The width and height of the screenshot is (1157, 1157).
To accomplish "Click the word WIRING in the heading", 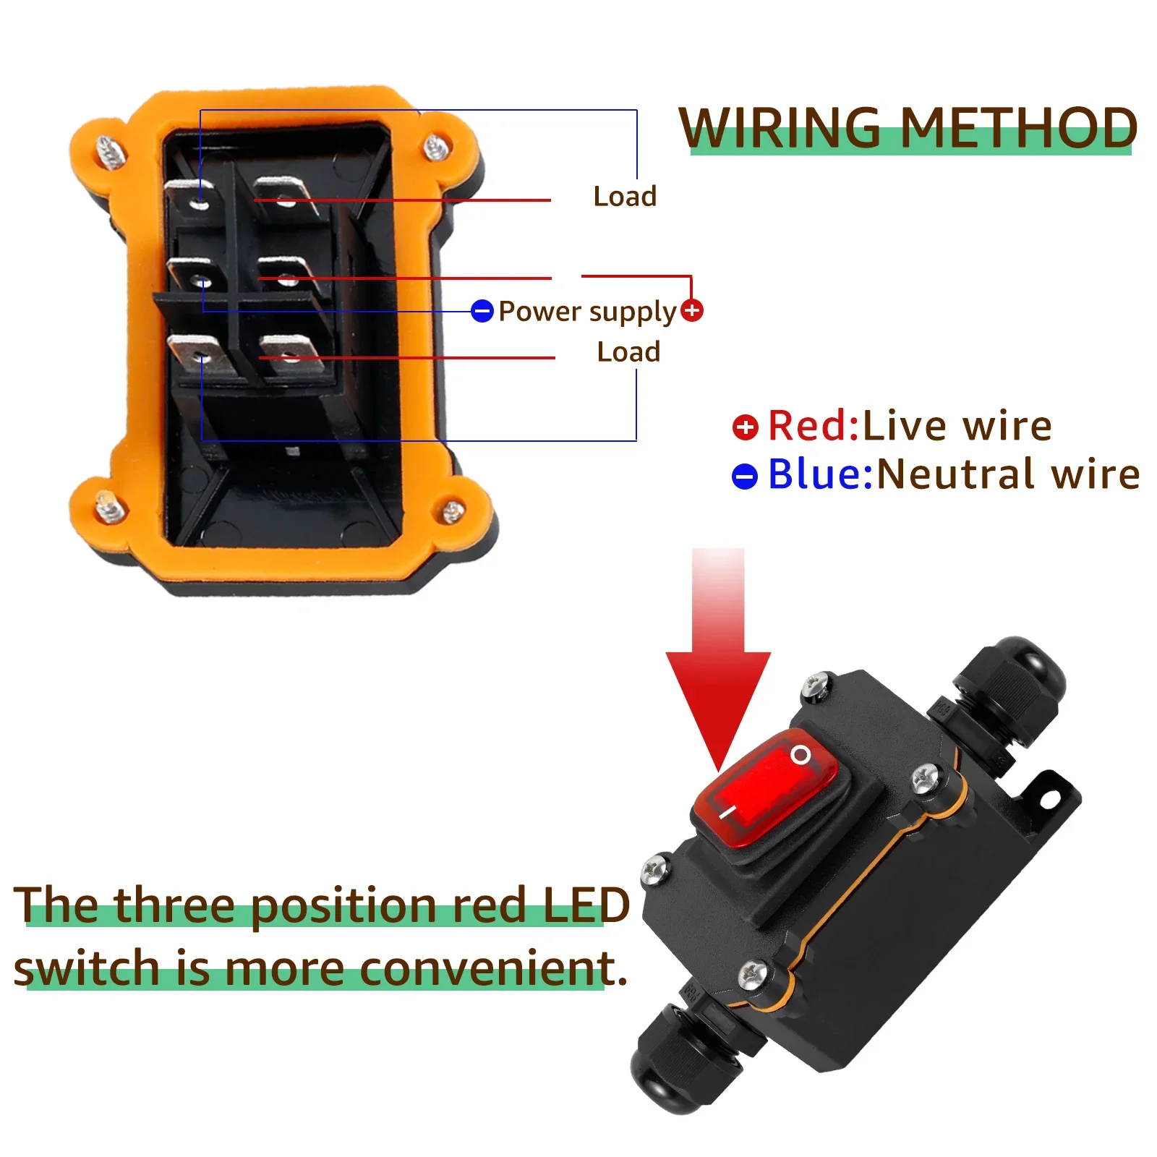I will tap(780, 129).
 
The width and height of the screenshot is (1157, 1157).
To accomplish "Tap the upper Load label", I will tap(625, 196).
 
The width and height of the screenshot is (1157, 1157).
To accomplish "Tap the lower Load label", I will tap(628, 351).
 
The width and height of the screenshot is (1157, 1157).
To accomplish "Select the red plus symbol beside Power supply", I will tap(692, 311).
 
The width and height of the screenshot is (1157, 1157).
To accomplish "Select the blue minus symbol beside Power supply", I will tap(482, 311).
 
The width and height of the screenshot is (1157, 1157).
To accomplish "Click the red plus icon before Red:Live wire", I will tap(745, 427).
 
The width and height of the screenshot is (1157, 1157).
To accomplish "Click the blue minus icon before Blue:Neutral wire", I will tap(745, 477).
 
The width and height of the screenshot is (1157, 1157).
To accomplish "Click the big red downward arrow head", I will tap(718, 694).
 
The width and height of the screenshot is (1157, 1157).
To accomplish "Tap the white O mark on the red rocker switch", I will tap(800, 755).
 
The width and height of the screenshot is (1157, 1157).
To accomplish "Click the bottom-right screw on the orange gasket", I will tap(453, 511).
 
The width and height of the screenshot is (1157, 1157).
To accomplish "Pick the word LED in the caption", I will tap(586, 905).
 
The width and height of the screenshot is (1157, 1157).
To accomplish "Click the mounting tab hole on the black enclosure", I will tap(1049, 799).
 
